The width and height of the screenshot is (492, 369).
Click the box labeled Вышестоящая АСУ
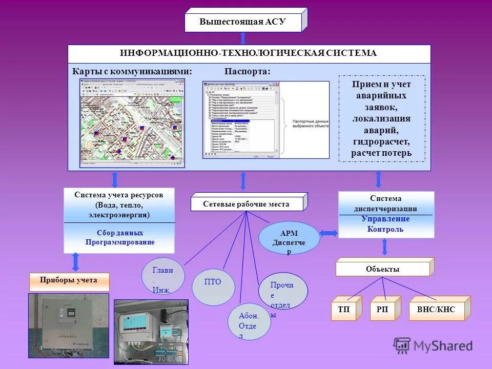[x=243, y=22]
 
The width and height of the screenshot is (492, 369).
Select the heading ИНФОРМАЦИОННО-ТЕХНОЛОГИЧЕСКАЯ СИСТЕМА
[x=249, y=53]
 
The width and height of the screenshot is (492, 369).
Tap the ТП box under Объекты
[x=344, y=310]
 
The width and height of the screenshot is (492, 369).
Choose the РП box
[x=382, y=310]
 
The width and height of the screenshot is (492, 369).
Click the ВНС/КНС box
[x=436, y=310]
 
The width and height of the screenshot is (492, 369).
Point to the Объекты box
[x=382, y=269]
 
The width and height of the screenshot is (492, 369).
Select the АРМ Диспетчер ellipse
[x=289, y=238]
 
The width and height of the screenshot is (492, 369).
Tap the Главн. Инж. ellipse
[x=163, y=276]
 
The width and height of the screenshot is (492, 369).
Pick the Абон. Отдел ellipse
[x=248, y=322]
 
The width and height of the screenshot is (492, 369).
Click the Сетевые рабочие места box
[x=247, y=204]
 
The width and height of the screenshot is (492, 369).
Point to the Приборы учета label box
[x=69, y=280]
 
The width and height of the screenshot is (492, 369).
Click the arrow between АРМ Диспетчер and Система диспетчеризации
[x=329, y=233]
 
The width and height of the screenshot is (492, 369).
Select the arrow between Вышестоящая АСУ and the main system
[x=243, y=38]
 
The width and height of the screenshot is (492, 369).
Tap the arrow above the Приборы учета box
[x=76, y=261]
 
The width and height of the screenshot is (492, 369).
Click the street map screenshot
[x=132, y=123]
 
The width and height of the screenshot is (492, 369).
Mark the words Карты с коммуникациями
[x=132, y=71]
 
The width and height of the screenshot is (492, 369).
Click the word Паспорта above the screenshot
[x=247, y=71]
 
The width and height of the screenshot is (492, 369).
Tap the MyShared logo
[x=433, y=346]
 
